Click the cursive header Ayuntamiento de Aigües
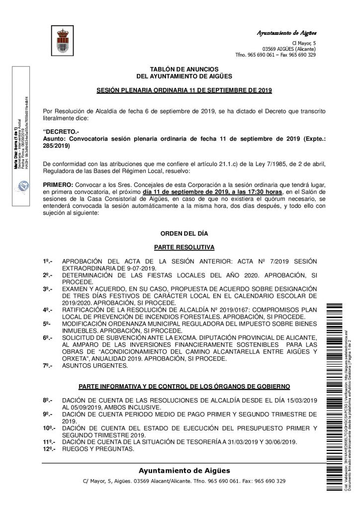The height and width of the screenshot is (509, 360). pyautogui.click(x=286, y=33)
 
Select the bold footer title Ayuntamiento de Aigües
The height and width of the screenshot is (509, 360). pyautogui.click(x=184, y=471)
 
